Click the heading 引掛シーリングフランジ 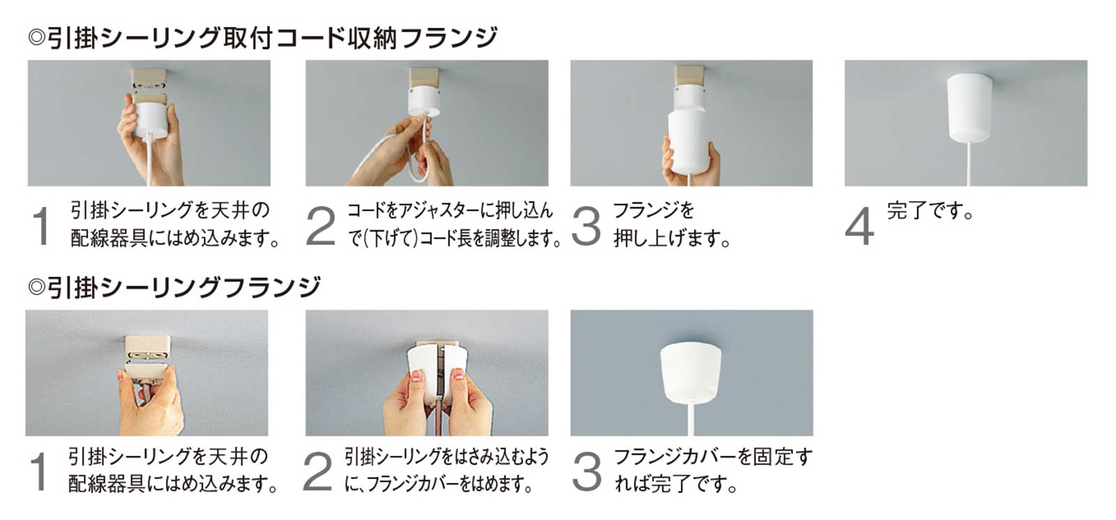174,287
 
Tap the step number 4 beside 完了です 859,226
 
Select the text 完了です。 930,211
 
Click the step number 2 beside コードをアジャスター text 320,226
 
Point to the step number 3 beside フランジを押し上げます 586,226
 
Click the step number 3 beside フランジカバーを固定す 586,472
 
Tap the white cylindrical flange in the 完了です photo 970,108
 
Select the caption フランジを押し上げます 671,224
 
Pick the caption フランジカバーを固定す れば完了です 711,471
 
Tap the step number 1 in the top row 42,226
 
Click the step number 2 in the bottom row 317,472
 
